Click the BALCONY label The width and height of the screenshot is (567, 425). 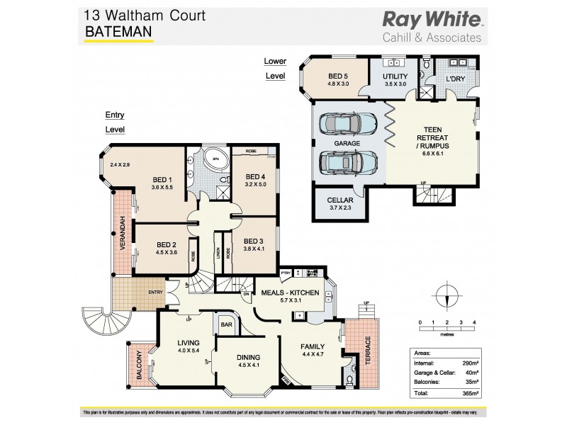coord(141,365)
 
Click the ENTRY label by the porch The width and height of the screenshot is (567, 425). coord(156,292)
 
